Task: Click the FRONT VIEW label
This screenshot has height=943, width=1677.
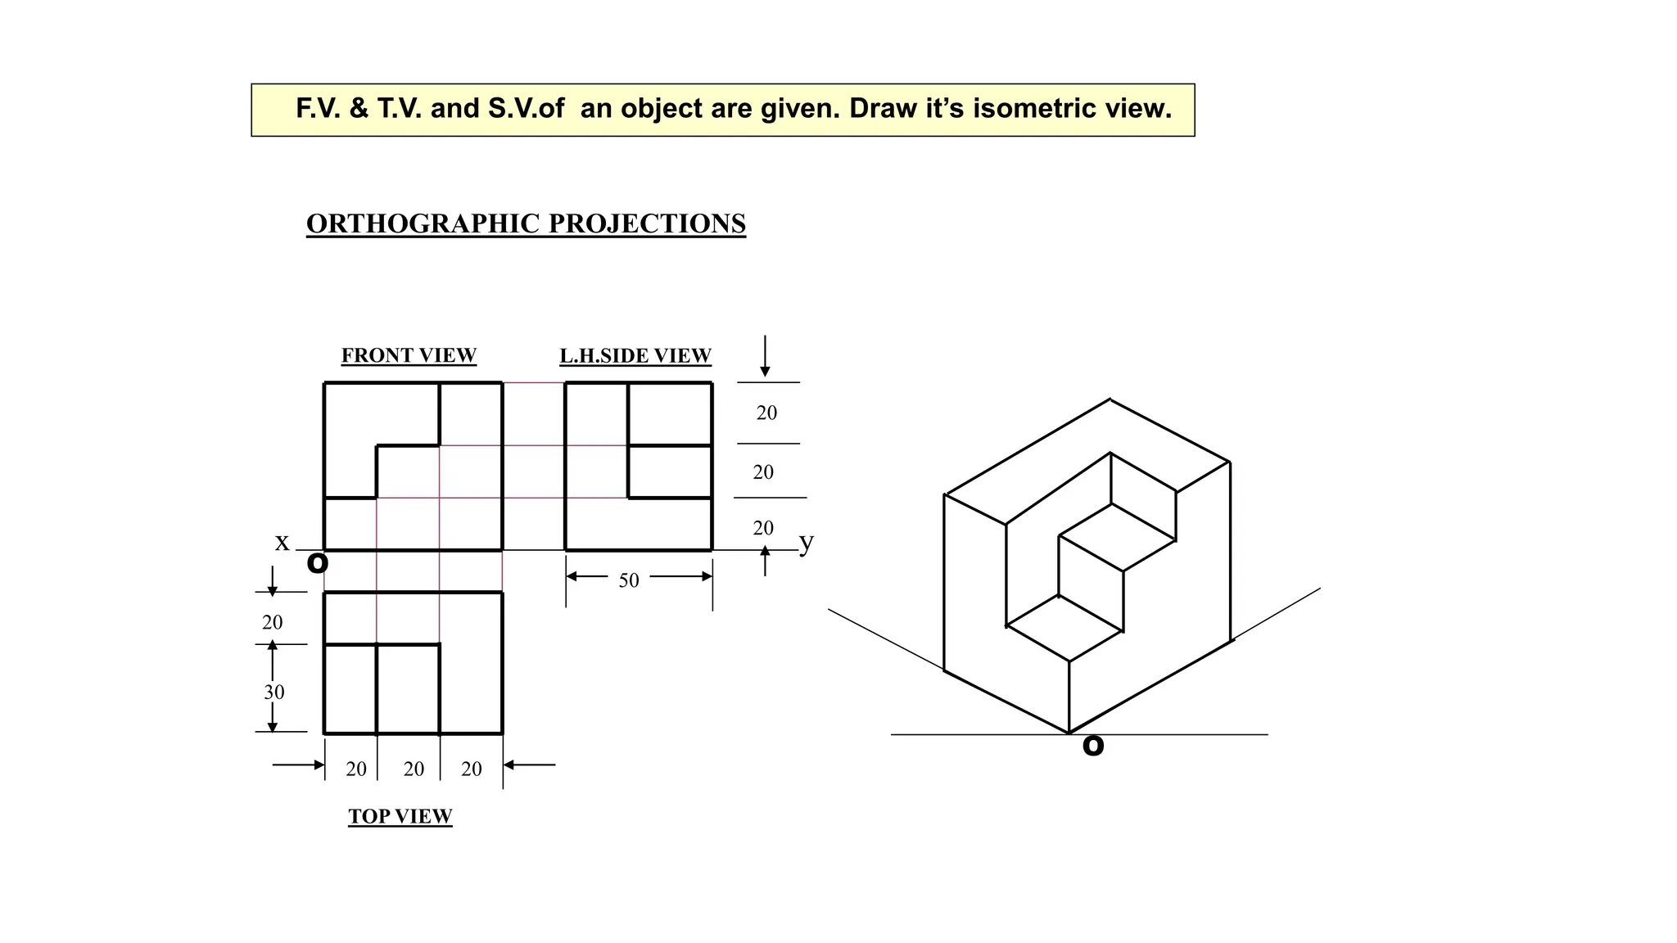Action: click(409, 355)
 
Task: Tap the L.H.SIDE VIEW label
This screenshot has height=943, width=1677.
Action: click(635, 356)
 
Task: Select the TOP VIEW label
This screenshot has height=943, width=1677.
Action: click(400, 816)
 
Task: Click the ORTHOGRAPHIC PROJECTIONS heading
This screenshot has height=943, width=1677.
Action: click(526, 223)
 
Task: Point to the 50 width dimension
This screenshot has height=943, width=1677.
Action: click(628, 580)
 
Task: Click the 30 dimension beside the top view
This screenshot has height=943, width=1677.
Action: click(273, 692)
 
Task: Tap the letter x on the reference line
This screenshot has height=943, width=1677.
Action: click(282, 542)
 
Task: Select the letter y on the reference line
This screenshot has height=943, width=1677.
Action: click(806, 542)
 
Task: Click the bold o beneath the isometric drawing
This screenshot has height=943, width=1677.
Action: click(1092, 745)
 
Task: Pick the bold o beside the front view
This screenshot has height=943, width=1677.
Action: click(317, 562)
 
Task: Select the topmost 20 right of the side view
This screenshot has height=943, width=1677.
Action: click(766, 413)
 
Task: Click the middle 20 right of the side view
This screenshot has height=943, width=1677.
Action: click(763, 472)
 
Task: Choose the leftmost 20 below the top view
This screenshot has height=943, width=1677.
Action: click(356, 769)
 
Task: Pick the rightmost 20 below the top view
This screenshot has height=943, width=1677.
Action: click(472, 769)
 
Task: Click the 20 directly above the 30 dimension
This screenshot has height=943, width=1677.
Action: click(272, 622)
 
